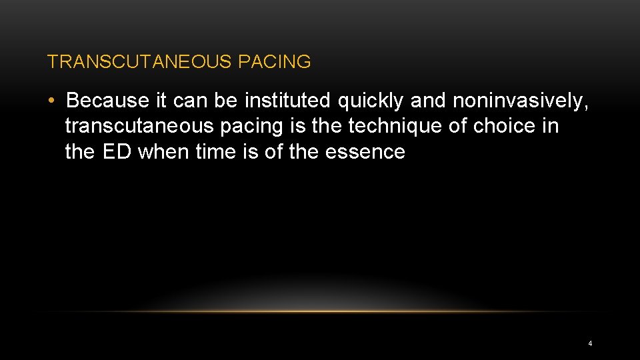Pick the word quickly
371,101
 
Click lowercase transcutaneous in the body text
140,126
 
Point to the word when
163,152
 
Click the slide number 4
590,344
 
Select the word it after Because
161,101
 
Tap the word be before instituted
226,101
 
